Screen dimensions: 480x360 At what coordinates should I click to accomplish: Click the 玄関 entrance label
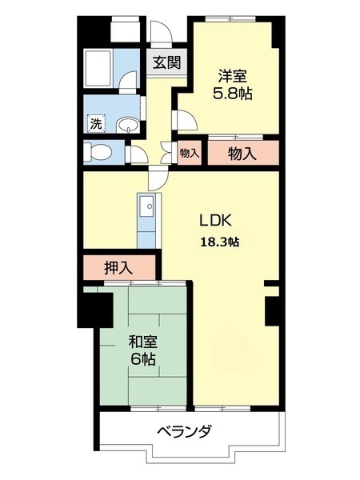click(x=166, y=62)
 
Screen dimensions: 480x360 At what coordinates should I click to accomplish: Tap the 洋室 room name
click(x=234, y=77)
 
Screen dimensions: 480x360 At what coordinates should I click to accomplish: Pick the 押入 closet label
click(x=118, y=268)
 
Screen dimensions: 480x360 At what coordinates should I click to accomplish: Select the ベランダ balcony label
click(x=184, y=432)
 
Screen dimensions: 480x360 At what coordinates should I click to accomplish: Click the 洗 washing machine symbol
click(x=96, y=124)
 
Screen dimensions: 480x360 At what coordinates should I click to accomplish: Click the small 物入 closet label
click(x=190, y=152)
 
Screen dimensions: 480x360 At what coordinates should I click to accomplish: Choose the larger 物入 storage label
click(x=242, y=152)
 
